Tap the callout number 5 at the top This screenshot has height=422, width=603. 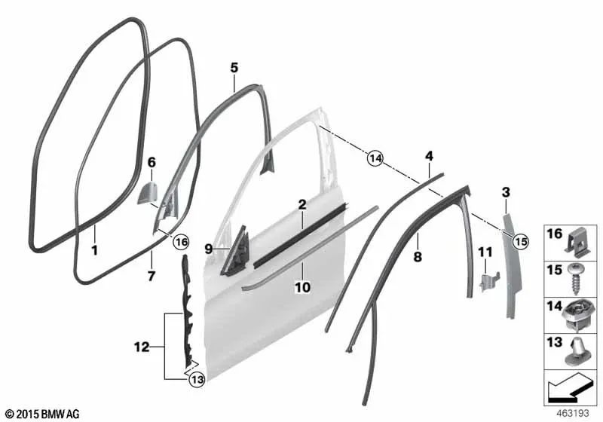(x=234, y=69)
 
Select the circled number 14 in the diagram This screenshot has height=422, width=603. (x=375, y=158)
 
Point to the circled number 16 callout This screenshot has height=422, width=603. (x=180, y=242)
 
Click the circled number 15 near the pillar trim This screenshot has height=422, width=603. (x=519, y=241)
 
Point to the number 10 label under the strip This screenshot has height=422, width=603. (x=302, y=287)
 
